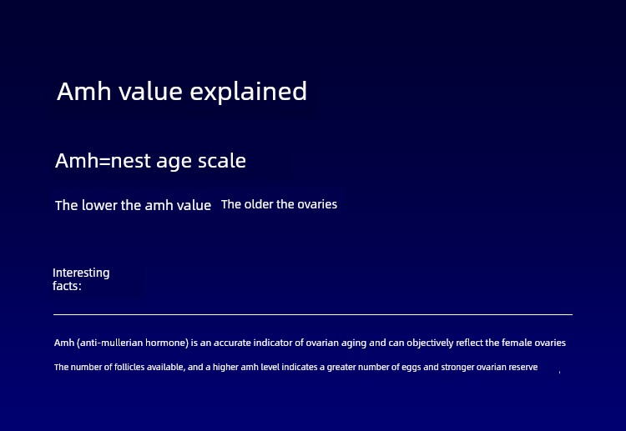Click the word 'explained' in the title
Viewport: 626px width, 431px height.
(249, 92)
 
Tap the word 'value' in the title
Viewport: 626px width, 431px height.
(150, 92)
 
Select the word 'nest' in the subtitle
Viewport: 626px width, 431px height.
(130, 161)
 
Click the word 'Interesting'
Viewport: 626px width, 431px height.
(81, 273)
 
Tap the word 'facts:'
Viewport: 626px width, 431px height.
(67, 286)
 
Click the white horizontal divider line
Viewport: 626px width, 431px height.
(313, 314)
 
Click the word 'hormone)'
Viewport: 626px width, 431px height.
(167, 343)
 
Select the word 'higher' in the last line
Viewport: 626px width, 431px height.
(225, 367)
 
